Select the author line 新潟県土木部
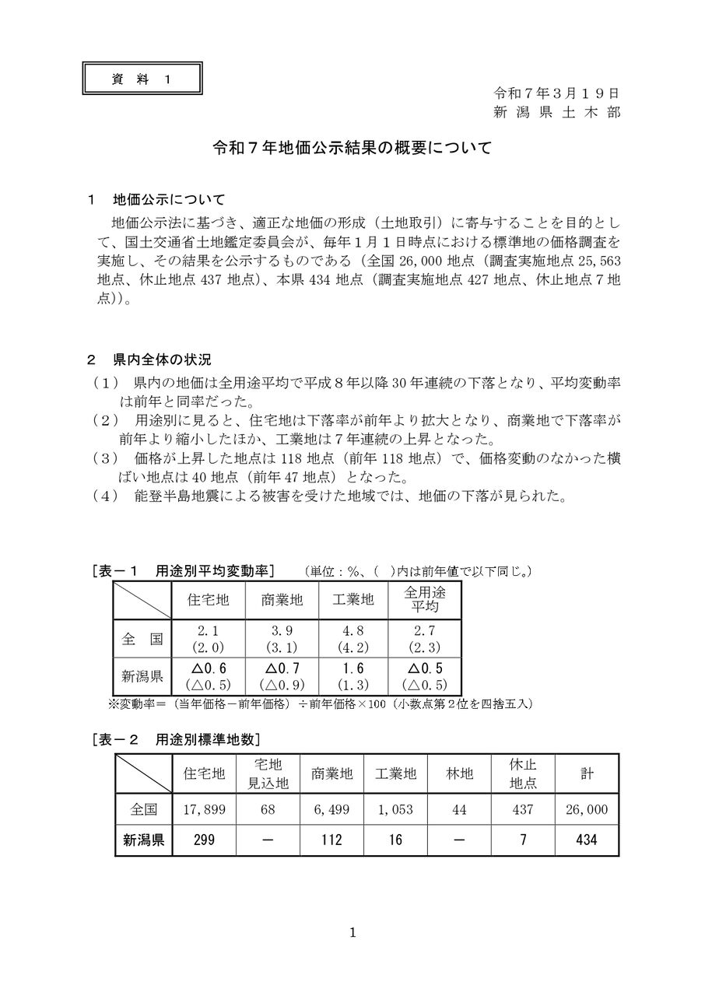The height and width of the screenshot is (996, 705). [557, 112]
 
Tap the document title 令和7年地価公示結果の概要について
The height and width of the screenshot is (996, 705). [352, 148]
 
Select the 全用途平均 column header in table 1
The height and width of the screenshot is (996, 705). [423, 598]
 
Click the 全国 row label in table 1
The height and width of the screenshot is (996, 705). [142, 639]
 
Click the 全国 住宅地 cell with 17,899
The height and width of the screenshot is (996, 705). [204, 809]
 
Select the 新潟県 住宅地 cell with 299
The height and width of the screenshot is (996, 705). [204, 840]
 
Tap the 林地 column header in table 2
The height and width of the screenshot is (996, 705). [459, 773]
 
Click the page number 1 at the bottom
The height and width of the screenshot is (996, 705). [352, 933]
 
